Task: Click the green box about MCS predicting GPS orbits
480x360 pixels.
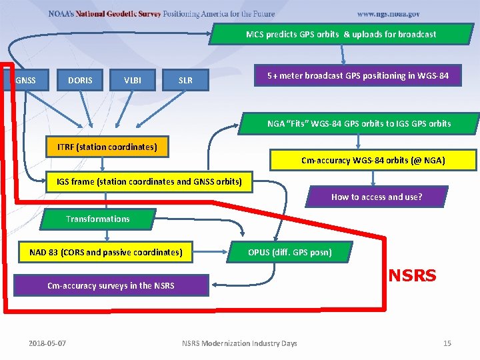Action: (x=341, y=34)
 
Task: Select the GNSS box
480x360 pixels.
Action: (x=26, y=81)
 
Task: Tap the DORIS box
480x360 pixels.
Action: (x=80, y=81)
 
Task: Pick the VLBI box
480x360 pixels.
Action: (x=133, y=81)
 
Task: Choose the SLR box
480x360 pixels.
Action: (x=185, y=81)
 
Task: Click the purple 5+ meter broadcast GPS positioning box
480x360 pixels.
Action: (x=358, y=76)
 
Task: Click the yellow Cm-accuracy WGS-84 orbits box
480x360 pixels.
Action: (x=373, y=160)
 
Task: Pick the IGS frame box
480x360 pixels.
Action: (x=149, y=181)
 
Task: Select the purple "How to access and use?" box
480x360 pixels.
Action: (x=376, y=197)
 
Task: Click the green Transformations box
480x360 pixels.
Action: (x=98, y=219)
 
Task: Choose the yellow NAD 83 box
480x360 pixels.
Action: (x=105, y=252)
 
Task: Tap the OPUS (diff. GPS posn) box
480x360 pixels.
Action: (x=290, y=252)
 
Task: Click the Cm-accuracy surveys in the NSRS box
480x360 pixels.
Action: (x=111, y=285)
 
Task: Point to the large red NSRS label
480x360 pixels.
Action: (x=412, y=275)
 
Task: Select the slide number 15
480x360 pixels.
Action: (x=447, y=343)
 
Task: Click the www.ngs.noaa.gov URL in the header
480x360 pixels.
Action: (x=388, y=14)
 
